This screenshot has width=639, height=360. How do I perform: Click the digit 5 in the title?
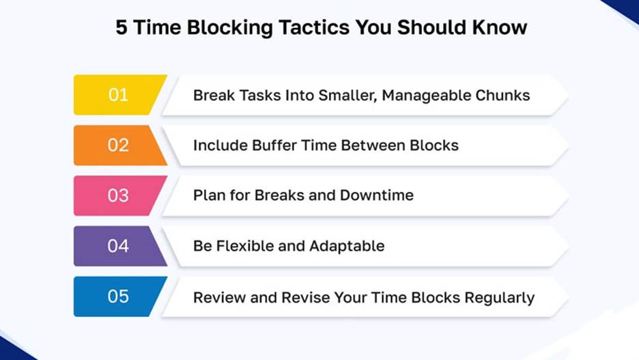(121, 28)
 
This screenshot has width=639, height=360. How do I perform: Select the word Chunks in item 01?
(502, 96)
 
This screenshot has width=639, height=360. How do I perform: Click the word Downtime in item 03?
(377, 195)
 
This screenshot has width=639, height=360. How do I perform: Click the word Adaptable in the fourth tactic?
(347, 247)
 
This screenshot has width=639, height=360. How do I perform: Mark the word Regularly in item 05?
(500, 298)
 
